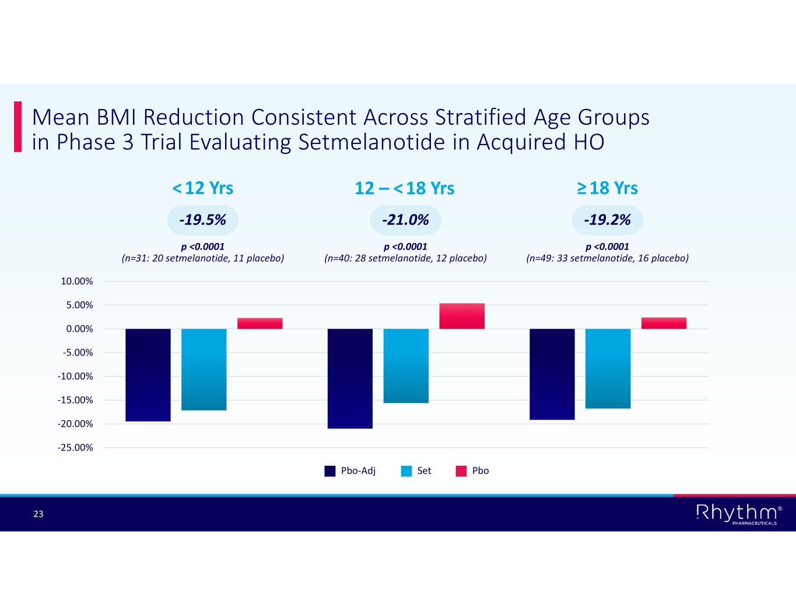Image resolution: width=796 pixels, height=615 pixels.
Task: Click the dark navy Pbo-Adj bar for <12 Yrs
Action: tap(148, 375)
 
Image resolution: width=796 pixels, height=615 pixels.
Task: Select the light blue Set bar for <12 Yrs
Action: tap(204, 370)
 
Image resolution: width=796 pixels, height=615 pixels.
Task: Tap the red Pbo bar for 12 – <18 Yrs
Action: tap(462, 316)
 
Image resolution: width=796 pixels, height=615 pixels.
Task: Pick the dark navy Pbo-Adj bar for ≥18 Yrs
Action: tap(552, 374)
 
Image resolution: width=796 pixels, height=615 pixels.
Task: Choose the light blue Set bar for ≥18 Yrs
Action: tap(608, 368)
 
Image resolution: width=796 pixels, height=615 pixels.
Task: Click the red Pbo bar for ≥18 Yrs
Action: tap(664, 323)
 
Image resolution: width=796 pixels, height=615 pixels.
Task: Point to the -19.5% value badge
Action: tap(202, 220)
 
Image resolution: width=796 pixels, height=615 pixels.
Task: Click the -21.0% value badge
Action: tap(405, 220)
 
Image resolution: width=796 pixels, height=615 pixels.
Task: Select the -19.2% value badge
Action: tap(607, 220)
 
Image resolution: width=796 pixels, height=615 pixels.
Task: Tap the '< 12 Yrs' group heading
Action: tap(202, 188)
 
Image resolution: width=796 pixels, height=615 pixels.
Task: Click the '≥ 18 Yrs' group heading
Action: tap(607, 188)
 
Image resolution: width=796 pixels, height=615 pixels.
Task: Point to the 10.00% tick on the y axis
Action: tap(77, 282)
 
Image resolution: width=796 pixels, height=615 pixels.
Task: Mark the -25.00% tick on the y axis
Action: tap(76, 448)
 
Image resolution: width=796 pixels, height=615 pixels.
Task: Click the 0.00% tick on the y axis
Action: tap(79, 329)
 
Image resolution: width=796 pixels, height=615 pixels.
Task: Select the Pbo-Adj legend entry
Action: tap(350, 471)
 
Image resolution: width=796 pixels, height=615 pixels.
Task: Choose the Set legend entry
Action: tap(416, 471)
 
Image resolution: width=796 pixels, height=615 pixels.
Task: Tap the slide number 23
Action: tap(38, 514)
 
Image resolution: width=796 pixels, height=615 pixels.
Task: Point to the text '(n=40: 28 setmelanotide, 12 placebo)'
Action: tap(405, 258)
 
